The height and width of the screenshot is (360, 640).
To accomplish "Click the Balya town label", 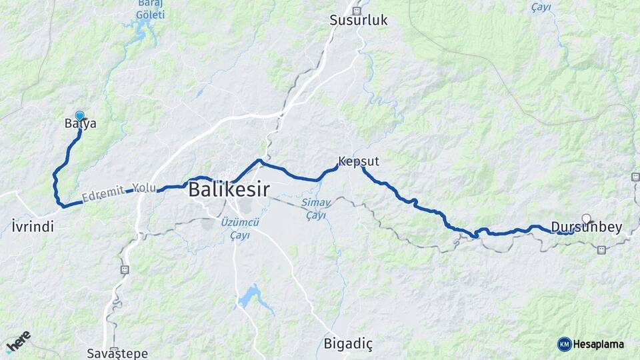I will click(x=81, y=124).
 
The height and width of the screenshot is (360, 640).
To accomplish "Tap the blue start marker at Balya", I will click(x=80, y=115).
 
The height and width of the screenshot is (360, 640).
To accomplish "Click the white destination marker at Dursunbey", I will click(x=586, y=218).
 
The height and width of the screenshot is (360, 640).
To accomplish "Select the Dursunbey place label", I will click(x=587, y=227).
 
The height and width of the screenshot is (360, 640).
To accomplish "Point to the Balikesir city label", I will click(x=229, y=189).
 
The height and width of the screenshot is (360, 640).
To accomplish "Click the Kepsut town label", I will click(x=359, y=161).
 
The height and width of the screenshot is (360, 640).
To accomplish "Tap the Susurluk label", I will click(x=359, y=20).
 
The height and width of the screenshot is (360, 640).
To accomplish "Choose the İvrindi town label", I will click(x=33, y=227).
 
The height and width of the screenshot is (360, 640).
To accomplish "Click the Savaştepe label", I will click(x=117, y=353).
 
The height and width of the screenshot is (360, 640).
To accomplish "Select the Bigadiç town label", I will click(x=348, y=345).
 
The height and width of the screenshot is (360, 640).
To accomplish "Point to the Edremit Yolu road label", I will click(x=119, y=193).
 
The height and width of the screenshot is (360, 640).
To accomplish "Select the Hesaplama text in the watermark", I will click(x=599, y=344).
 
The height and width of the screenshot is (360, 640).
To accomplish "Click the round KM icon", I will click(x=565, y=344).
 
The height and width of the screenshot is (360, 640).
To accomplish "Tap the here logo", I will click(x=19, y=341).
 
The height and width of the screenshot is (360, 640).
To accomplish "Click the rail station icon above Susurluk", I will click(x=356, y=10).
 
